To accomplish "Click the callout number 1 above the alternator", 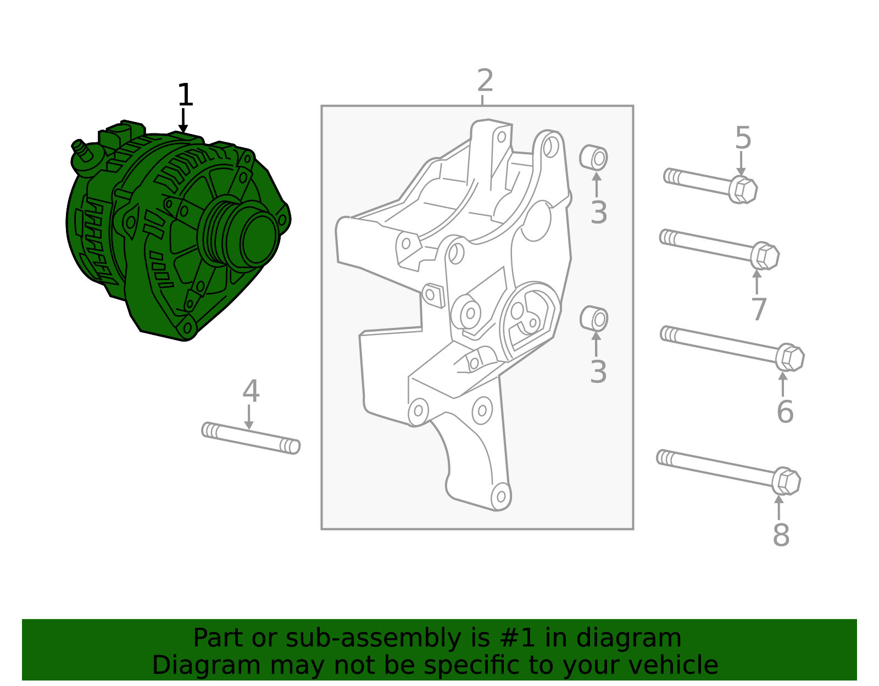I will pos(185,95).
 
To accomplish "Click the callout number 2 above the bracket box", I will pos(485,81).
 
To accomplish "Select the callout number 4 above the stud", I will pos(251,392).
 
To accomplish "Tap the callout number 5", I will pos(743,138).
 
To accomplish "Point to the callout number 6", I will pos(785,412).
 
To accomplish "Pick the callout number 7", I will pos(759,310).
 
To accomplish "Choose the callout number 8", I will pos(781,535).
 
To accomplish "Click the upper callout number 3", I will pos(599,213).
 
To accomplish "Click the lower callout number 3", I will pos(598,372).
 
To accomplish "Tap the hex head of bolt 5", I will pos(743,190).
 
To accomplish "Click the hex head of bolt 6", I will pos(790,358).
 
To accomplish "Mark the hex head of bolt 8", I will pos(786,482).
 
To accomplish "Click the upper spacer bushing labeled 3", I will pos(594,158).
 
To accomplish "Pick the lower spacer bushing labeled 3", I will pos(594,319).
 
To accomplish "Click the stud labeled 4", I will pos(251,438).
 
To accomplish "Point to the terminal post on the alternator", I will pos(80,150).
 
